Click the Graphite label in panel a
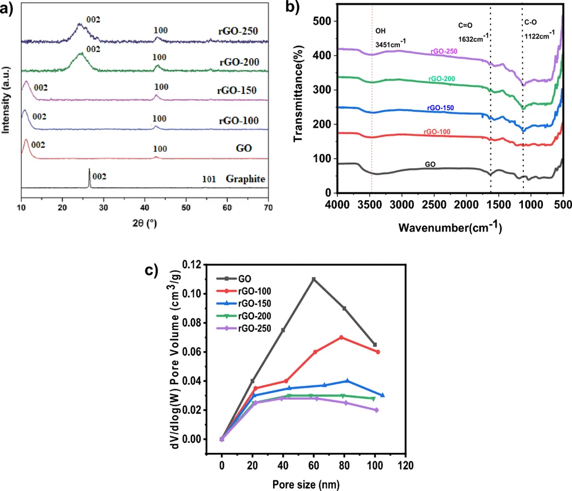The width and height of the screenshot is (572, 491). pyautogui.click(x=245, y=179)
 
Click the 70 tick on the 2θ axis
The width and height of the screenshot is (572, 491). pyautogui.click(x=268, y=206)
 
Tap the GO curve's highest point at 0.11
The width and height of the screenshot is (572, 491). pyautogui.click(x=314, y=279)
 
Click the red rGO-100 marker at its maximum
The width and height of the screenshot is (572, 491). pyautogui.click(x=341, y=337)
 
